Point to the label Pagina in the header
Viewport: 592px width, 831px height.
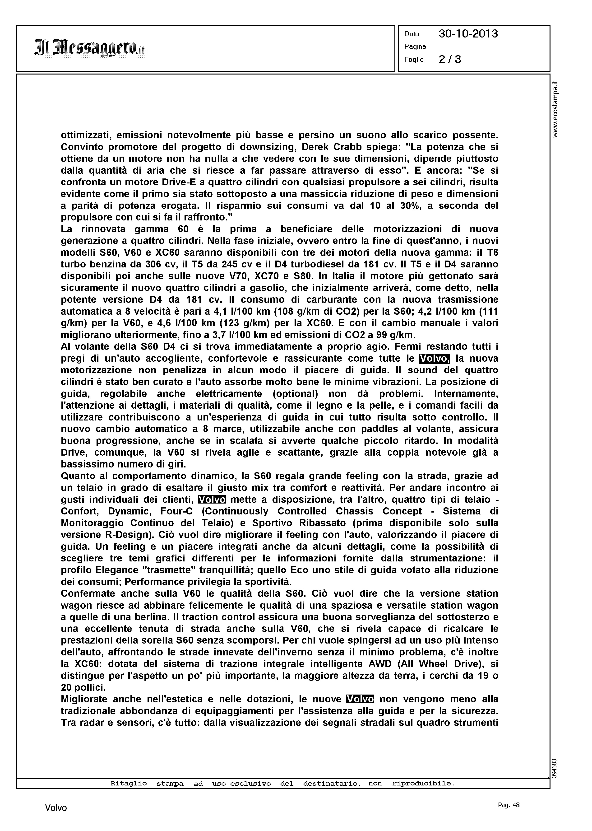(415, 47)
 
